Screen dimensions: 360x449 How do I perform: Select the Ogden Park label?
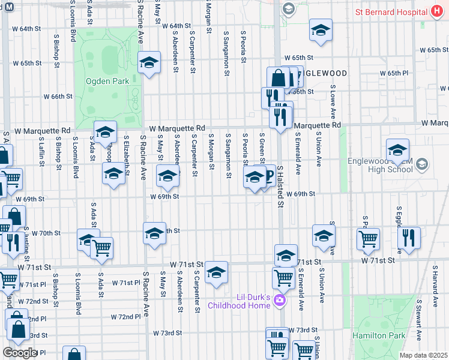tap(103, 80)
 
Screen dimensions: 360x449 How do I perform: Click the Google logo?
tap(20, 353)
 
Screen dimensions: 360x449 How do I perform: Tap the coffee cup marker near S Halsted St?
tap(267, 175)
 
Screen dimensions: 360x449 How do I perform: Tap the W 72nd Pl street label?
tap(125, 316)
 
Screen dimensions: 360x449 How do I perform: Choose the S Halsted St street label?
tap(280, 188)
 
